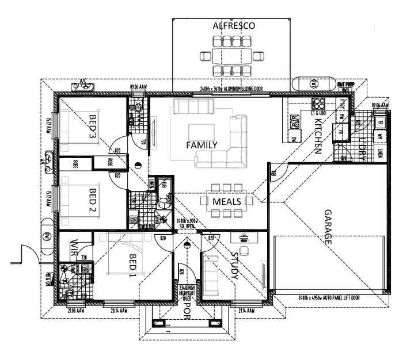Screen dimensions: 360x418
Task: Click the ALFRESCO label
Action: (233, 26)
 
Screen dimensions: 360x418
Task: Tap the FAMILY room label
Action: (201, 145)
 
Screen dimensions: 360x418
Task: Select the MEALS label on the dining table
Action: (226, 201)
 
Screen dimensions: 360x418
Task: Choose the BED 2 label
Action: (93, 199)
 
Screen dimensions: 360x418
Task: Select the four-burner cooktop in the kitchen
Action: (318, 104)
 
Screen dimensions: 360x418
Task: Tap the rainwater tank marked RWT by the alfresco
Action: (314, 84)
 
